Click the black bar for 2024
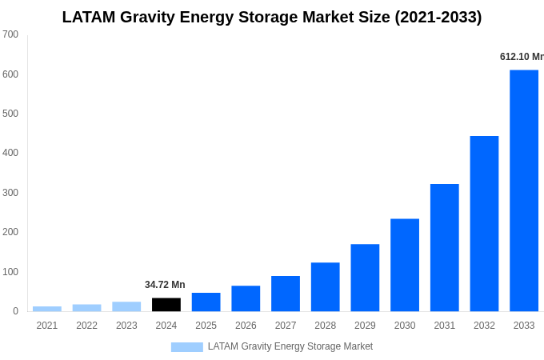[166, 305]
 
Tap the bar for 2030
[405, 265]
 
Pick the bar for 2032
[484, 223]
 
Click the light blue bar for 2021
[47, 309]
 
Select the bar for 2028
[325, 286]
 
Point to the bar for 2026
[246, 298]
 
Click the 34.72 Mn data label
[165, 285]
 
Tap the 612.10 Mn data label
[521, 57]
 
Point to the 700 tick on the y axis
[10, 34]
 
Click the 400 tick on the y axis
[10, 153]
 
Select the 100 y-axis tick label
[10, 272]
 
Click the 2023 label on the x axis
[126, 326]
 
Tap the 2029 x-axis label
[365, 326]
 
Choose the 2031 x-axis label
[444, 326]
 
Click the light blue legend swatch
[186, 347]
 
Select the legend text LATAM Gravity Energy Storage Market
[290, 346]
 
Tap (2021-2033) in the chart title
[438, 17]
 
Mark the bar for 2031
[444, 247]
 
